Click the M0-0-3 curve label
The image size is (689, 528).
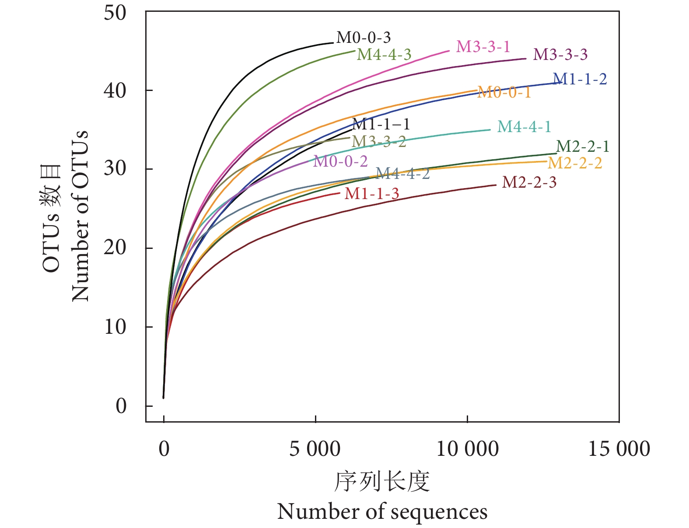(x=363, y=38)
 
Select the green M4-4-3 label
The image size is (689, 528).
(x=384, y=54)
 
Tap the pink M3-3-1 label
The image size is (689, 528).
(x=483, y=47)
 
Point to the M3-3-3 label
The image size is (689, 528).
(x=560, y=55)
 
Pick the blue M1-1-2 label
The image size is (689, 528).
(x=580, y=79)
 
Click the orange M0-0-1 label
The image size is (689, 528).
(x=504, y=92)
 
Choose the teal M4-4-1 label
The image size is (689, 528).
(x=524, y=127)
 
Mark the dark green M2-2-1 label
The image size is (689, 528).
(x=582, y=146)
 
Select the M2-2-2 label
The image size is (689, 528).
(x=575, y=163)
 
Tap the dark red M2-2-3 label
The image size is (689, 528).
(x=529, y=182)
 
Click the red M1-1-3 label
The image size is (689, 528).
(x=372, y=194)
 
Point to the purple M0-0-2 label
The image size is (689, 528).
(x=340, y=161)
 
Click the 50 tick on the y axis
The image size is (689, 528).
(x=115, y=13)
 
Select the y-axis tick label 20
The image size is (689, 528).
(x=115, y=248)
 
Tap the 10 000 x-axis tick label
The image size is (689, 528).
(x=467, y=449)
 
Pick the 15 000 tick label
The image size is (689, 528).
(x=619, y=449)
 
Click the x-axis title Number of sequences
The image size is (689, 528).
(x=382, y=512)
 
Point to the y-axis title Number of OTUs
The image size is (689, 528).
(x=80, y=216)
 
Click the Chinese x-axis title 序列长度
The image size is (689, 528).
(x=382, y=482)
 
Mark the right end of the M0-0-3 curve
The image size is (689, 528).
(x=333, y=43)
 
